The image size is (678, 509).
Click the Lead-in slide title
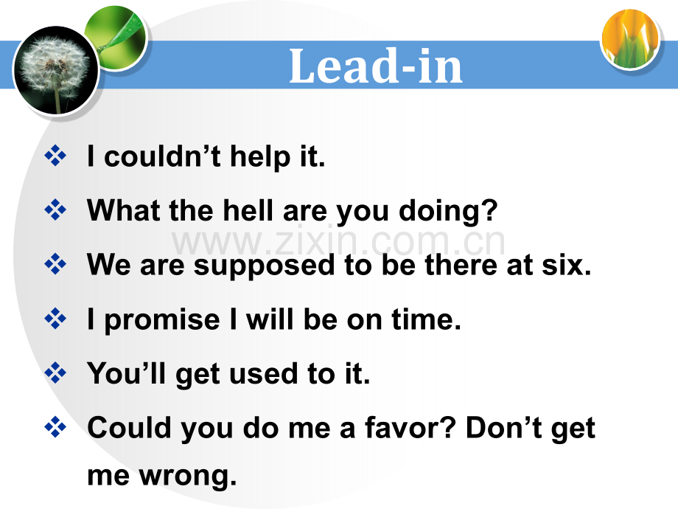375,66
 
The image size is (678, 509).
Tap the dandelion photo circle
56,70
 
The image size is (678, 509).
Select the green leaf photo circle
116,38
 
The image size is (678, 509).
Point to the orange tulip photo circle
630,39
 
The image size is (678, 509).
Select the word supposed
264,266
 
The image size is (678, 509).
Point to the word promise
162,320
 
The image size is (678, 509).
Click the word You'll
126,373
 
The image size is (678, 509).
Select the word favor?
410,428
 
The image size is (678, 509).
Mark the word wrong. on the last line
188,477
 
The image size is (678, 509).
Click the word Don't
504,428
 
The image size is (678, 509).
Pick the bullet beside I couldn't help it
55,155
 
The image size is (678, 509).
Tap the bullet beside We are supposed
55,264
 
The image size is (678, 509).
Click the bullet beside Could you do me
55,427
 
